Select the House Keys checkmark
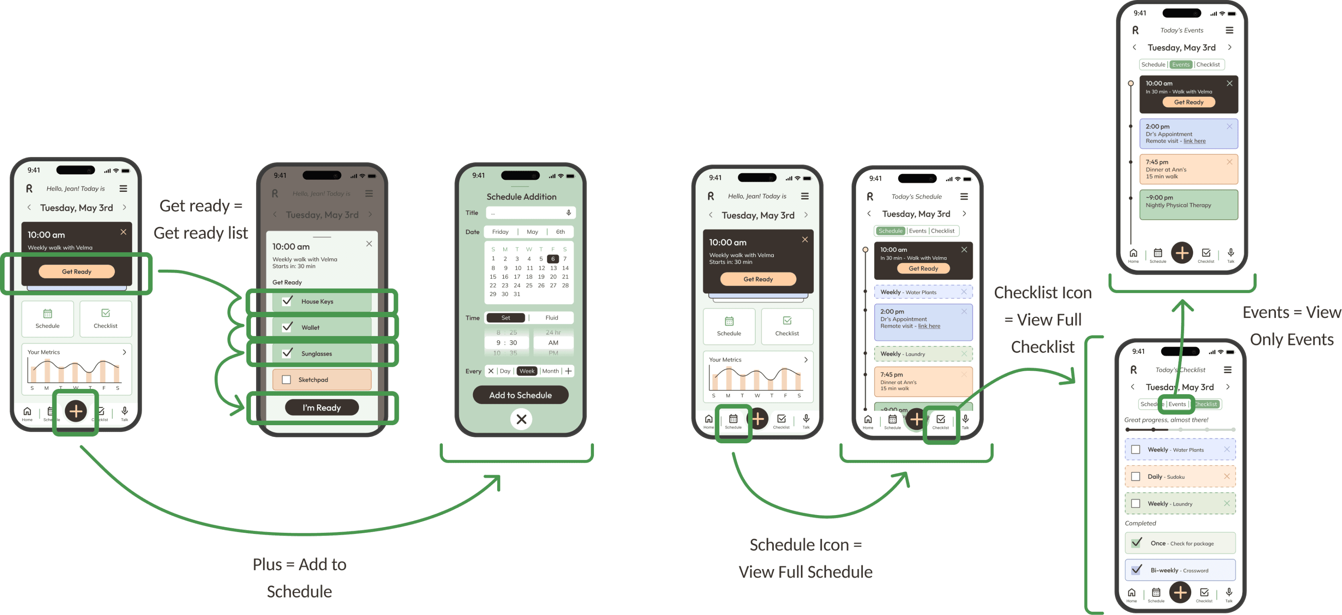point(287,301)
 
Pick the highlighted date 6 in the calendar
point(553,259)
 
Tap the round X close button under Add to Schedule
point(521,419)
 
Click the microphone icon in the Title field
point(568,212)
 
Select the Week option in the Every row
point(527,371)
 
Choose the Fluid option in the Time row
point(551,318)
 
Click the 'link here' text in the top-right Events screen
point(1194,141)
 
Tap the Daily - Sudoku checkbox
point(1136,476)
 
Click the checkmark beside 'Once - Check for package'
point(1137,542)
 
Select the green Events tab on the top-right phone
point(1181,64)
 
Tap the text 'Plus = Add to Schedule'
point(300,578)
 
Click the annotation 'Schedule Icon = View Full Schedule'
point(805,558)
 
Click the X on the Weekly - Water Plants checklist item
point(1226,449)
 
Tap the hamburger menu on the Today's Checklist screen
point(1227,370)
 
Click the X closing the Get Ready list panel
point(369,244)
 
